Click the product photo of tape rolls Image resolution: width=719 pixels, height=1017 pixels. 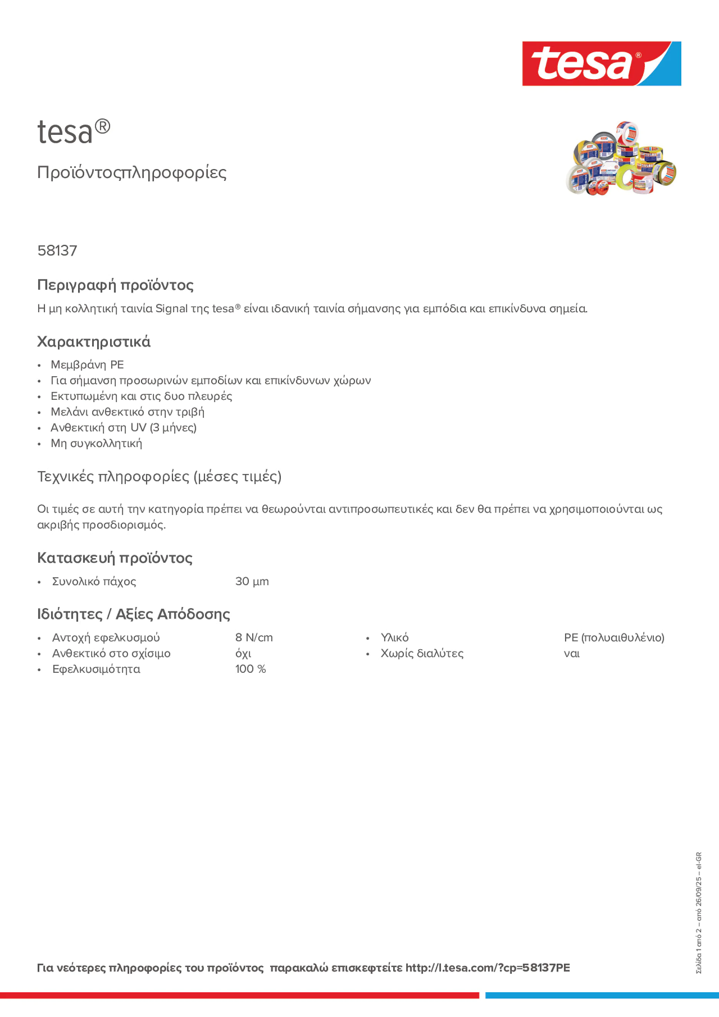click(x=621, y=158)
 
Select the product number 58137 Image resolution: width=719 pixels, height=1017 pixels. click(x=57, y=251)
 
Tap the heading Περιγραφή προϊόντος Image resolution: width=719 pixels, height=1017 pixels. click(x=115, y=285)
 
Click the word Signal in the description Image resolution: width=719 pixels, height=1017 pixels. click(x=171, y=308)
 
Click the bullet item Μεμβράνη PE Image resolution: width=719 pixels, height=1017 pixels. click(x=87, y=364)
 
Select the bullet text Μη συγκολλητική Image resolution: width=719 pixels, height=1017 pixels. click(x=96, y=443)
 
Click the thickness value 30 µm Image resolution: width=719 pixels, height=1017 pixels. click(x=252, y=581)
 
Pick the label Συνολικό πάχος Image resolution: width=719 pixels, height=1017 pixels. click(x=94, y=581)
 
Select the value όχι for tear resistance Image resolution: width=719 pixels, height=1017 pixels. click(x=243, y=653)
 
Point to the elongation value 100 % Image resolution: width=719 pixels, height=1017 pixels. click(x=250, y=669)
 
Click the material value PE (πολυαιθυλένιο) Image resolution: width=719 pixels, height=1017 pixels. click(x=614, y=637)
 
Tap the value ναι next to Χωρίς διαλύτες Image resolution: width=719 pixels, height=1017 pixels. click(x=572, y=653)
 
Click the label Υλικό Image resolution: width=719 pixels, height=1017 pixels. click(x=394, y=637)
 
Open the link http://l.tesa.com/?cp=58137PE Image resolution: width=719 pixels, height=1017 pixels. click(x=488, y=968)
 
